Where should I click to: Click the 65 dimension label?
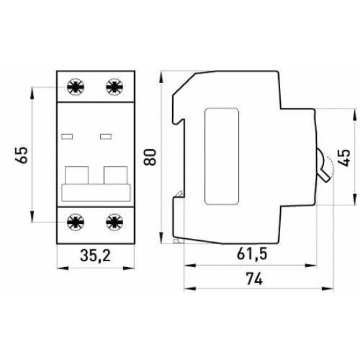pyautogui.click(x=22, y=155)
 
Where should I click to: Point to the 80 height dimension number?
pyautogui.click(x=150, y=157)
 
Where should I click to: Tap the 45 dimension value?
pyautogui.click(x=344, y=158)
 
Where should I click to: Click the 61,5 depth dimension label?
pyautogui.click(x=252, y=254)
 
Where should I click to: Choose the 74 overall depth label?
pyautogui.click(x=254, y=278)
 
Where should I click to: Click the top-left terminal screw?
pyautogui.click(x=75, y=87)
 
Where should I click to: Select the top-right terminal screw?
pyautogui.click(x=115, y=87)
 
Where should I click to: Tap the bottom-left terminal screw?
pyautogui.click(x=75, y=223)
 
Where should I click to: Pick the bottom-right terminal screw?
pyautogui.click(x=115, y=223)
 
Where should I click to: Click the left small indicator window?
pyautogui.click(x=67, y=137)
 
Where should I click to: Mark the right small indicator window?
pyautogui.click(x=106, y=137)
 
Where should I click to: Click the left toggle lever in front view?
pyautogui.click(x=77, y=175)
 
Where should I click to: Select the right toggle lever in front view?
pyautogui.click(x=116, y=175)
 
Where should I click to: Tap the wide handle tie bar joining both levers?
pyautogui.click(x=96, y=193)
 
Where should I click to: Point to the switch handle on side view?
pyautogui.click(x=323, y=166)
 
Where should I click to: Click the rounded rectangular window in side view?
pyautogui.click(x=221, y=156)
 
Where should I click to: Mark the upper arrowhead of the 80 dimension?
pyautogui.click(x=161, y=77)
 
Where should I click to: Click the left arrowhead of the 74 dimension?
pyautogui.click(x=190, y=289)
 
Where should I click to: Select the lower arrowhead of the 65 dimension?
pyautogui.click(x=32, y=217)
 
